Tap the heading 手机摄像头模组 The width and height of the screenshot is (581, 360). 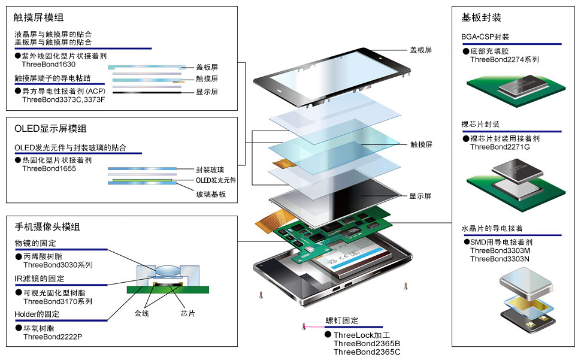coord(47,226)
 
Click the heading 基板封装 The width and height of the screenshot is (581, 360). coord(481,17)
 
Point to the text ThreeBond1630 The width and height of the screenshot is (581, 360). coord(49,63)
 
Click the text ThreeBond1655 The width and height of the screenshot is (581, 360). coord(49,169)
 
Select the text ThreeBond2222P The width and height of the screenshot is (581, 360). coord(53,337)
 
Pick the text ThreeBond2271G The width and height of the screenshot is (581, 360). coord(500,147)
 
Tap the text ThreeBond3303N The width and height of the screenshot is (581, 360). coord(500,259)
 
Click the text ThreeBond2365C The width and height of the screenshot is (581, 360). coord(367,352)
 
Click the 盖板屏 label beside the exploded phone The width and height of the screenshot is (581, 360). coord(420,50)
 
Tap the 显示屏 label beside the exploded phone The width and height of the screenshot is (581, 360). coord(420,196)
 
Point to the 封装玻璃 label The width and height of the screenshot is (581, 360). coord(210,170)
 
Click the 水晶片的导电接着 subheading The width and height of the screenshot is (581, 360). coord(492,228)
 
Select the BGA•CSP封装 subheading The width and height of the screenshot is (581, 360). coord(485,37)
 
